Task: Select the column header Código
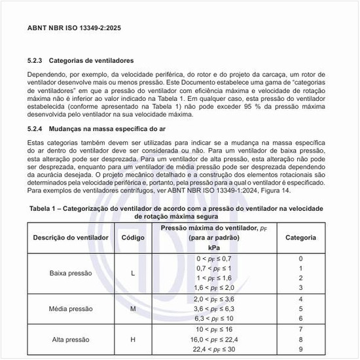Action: click(x=134, y=237)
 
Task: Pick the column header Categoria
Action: click(x=301, y=237)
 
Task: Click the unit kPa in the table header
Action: click(x=214, y=248)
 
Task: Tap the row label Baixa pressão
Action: click(x=71, y=273)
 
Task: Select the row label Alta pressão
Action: click(x=71, y=340)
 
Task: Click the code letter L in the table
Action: click(x=134, y=273)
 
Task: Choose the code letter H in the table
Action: click(x=134, y=340)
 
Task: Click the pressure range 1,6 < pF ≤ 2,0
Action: click(x=214, y=287)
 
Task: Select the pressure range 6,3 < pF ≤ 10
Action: click(x=214, y=317)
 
